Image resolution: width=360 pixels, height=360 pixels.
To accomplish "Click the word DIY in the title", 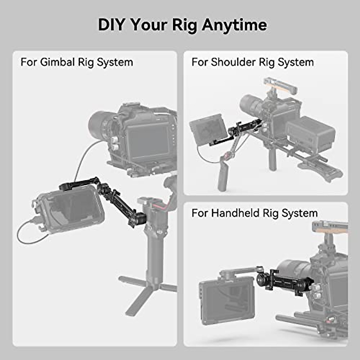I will (x=111, y=25).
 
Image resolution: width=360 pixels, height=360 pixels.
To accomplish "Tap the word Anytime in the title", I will (x=234, y=25).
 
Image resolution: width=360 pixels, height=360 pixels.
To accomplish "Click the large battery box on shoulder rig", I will (x=310, y=133).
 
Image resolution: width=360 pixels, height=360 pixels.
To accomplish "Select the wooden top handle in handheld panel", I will (x=330, y=228).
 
